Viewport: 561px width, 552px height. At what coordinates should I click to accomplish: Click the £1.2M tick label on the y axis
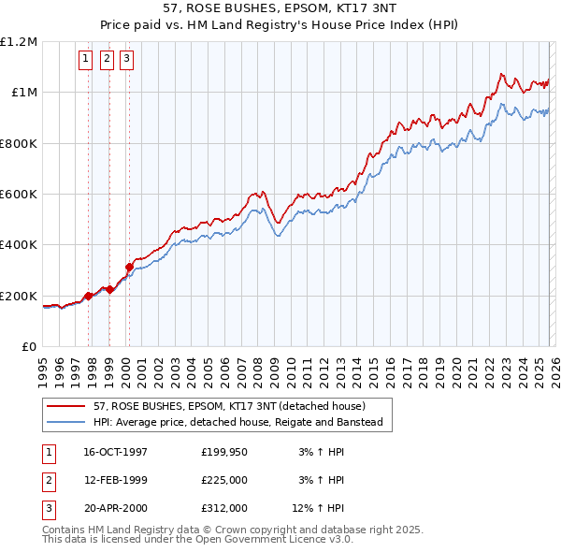19,42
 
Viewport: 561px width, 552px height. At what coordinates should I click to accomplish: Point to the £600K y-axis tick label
19,195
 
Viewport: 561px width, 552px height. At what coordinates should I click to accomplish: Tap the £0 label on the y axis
29,347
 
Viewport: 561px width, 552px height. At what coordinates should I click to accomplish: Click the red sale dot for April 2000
129,268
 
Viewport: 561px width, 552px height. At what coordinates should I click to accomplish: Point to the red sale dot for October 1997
89,296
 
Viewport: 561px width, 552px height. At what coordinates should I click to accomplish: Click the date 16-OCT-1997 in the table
115,452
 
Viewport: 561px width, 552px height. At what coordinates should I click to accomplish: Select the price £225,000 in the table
224,480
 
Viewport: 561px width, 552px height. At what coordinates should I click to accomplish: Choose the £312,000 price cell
224,508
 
